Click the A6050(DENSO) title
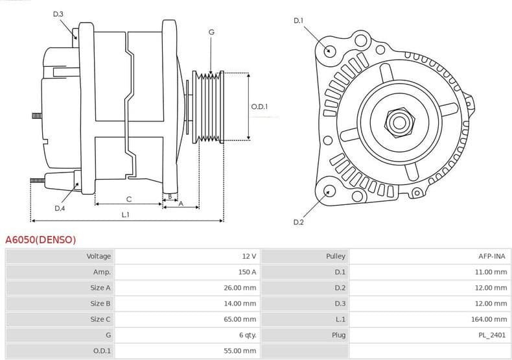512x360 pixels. click(40, 240)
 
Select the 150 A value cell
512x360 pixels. click(248, 272)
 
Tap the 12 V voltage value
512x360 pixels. click(250, 256)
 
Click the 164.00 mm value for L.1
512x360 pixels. click(491, 319)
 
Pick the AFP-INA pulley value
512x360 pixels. click(492, 256)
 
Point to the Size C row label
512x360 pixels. click(100, 319)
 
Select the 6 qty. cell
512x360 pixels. click(247, 335)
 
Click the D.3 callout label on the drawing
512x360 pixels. click(58, 14)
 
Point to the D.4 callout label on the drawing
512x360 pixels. click(60, 208)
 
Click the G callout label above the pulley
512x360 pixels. click(211, 32)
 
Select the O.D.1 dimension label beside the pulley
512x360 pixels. click(260, 107)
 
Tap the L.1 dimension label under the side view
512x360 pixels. click(126, 215)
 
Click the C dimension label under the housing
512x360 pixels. click(128, 198)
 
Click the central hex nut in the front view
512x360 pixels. click(398, 121)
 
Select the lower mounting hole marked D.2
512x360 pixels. click(329, 191)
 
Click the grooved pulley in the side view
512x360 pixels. click(209, 107)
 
